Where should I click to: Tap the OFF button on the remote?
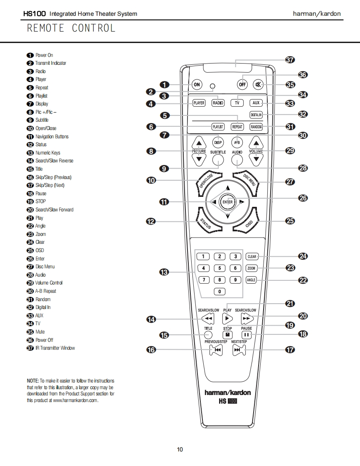242,85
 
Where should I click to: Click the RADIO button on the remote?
218,103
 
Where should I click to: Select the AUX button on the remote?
256,103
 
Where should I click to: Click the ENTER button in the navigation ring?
227,202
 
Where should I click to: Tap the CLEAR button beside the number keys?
252,257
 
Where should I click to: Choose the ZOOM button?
252,268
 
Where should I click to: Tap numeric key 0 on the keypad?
219,292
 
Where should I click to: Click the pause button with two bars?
247,334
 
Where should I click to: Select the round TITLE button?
208,335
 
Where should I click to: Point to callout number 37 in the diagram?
290,60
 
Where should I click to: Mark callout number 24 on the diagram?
303,256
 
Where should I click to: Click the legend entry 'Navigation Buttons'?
52,136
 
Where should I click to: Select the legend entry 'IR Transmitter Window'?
55,348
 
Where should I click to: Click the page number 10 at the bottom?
180,449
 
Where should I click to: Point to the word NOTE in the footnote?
33,381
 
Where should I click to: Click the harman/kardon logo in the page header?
317,14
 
